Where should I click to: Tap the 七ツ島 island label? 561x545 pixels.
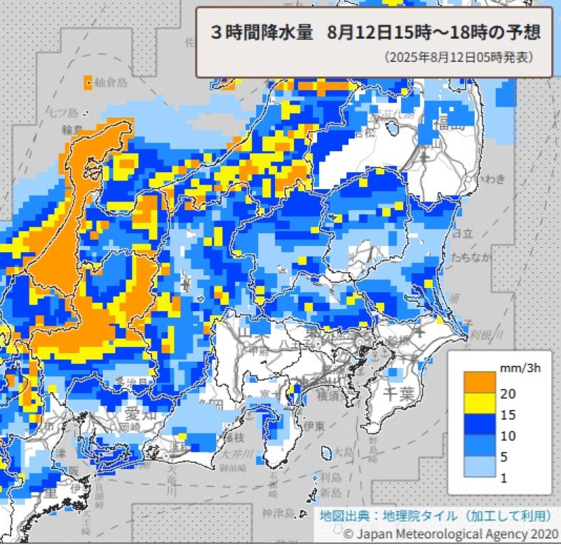pyautogui.click(x=63, y=112)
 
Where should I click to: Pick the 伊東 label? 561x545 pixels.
pyautogui.click(x=312, y=425)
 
